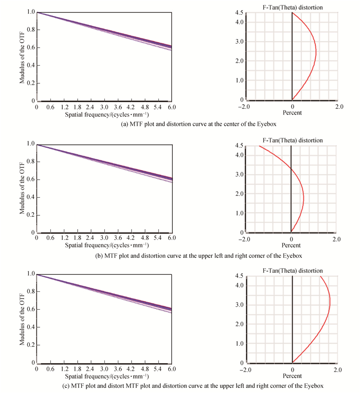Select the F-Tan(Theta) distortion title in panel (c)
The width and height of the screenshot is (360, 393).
tap(293, 270)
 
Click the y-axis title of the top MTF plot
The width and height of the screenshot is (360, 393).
tap(24, 55)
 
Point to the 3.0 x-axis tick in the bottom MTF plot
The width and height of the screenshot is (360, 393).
tap(104, 369)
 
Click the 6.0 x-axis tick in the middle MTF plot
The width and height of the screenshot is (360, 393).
tap(172, 238)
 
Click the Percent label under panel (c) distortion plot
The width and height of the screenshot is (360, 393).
tap(293, 376)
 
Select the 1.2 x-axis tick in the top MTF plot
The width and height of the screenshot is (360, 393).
tap(64, 108)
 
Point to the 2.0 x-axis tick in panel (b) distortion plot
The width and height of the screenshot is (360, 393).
tap(336, 238)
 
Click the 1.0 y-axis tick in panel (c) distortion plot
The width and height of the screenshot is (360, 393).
tap(240, 344)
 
